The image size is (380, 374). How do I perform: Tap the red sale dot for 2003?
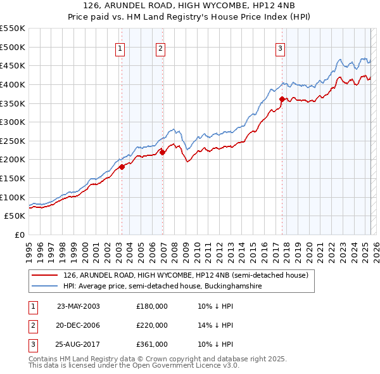pyautogui.click(x=122, y=167)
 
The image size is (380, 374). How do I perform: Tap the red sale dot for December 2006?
pyautogui.click(x=162, y=152)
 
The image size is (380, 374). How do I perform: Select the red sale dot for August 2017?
pyautogui.click(x=282, y=99)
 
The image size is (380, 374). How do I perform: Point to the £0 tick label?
pyautogui.click(x=20, y=235)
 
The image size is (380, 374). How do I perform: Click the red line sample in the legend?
pyautogui.click(x=44, y=275)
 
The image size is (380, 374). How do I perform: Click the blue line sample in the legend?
pyautogui.click(x=44, y=287)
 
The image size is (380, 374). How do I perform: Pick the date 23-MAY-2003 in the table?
pyautogui.click(x=79, y=306)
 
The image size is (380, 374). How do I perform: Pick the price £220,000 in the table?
pyautogui.click(x=152, y=325)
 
